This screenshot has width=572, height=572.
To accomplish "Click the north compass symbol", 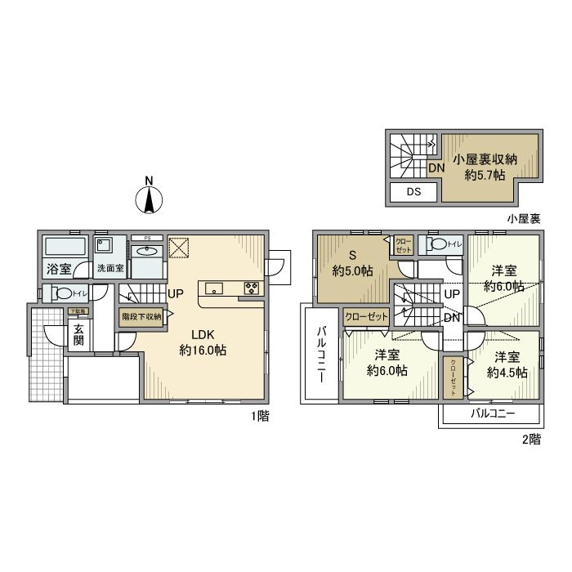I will (148, 198).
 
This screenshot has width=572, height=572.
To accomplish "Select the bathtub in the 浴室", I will (64, 247).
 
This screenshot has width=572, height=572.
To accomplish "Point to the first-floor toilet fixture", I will (61, 293).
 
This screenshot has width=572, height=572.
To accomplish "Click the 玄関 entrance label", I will (78, 335).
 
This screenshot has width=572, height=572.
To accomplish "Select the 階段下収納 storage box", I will (141, 316).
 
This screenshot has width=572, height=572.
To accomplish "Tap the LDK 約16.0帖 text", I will (203, 342).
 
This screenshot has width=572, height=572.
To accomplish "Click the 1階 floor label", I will (261, 415).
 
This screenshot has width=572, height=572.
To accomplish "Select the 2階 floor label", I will (530, 440).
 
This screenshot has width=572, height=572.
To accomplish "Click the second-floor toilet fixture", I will (439, 244).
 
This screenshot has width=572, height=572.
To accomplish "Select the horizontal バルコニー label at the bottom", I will (492, 414).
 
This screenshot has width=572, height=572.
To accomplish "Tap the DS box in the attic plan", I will (413, 193).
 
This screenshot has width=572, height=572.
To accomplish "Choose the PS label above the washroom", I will (147, 239).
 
